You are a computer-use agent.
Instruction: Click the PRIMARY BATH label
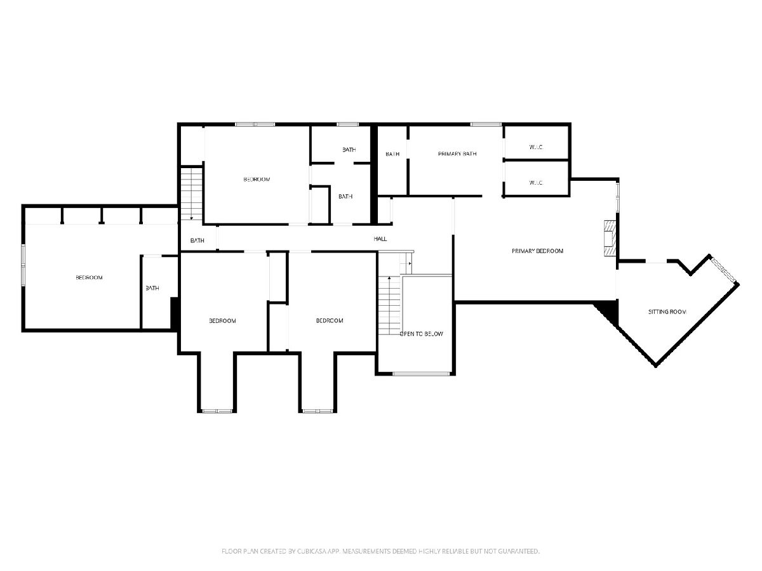[457, 154]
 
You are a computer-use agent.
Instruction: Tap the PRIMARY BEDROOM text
[537, 251]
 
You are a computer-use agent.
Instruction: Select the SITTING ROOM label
[667, 312]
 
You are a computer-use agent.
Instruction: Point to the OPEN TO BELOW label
[422, 334]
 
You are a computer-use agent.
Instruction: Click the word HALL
[380, 239]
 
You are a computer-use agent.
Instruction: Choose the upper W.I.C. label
[536, 147]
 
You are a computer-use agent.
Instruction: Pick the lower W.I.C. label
[536, 183]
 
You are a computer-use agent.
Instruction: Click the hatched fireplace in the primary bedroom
[610, 238]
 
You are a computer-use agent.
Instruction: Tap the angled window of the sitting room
[723, 270]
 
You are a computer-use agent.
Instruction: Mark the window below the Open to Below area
[421, 374]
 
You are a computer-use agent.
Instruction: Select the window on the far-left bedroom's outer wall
[23, 265]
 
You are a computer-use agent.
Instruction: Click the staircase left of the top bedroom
[191, 194]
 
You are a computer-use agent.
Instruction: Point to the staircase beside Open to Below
[389, 305]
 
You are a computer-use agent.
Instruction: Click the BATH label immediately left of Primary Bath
[392, 154]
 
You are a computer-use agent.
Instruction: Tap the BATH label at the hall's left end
[197, 240]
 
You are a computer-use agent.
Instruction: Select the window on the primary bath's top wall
[486, 124]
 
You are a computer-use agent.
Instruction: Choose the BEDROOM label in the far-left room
[90, 278]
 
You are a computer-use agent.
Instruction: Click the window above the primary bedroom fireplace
[617, 197]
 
